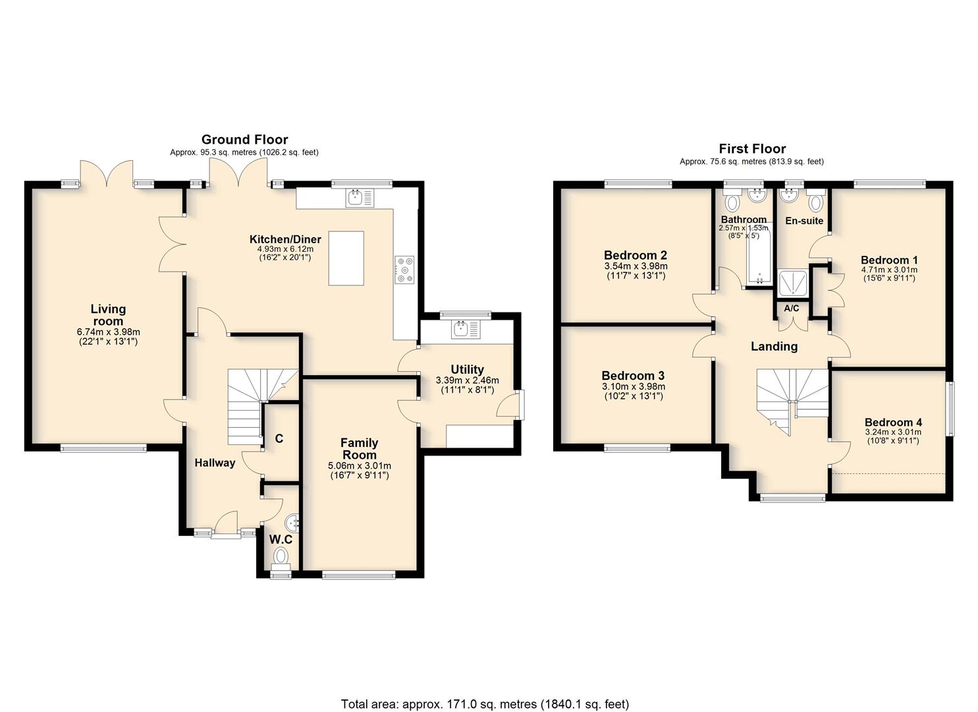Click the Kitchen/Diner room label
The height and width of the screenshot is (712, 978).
285,239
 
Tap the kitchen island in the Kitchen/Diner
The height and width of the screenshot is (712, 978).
346,258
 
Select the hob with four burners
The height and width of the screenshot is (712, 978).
405,270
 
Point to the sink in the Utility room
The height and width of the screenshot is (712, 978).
466,330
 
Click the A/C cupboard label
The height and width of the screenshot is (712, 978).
792,309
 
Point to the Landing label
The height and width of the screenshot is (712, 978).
774,347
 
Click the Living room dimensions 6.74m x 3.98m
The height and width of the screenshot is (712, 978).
108,332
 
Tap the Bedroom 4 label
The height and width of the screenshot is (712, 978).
893,422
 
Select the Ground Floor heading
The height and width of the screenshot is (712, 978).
244,139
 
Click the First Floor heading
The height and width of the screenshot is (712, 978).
752,148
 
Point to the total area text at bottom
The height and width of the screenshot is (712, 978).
485,680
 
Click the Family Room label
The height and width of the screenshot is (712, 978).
360,448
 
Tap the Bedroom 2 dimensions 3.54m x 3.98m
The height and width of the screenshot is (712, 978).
636,266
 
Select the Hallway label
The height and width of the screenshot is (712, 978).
215,463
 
